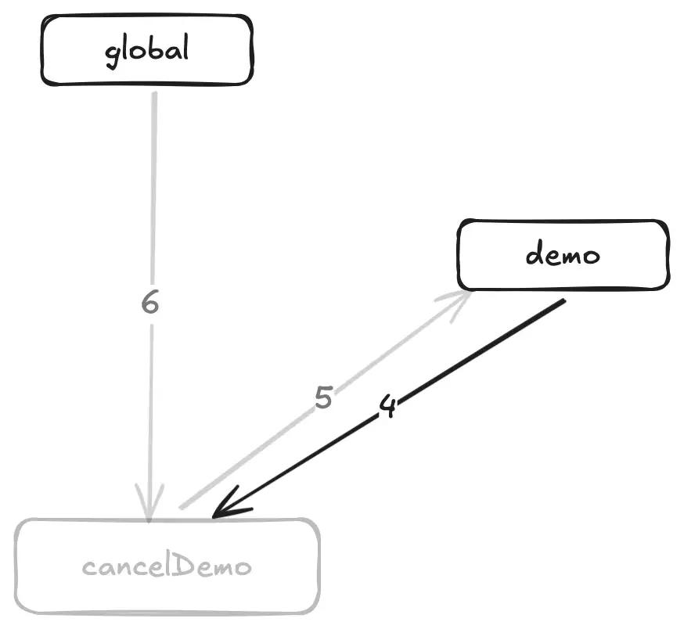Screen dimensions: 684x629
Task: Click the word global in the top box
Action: point(147,51)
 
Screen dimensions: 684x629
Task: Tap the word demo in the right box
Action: point(563,253)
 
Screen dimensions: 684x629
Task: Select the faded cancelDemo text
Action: point(167,566)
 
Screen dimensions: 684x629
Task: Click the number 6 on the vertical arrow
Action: point(150,302)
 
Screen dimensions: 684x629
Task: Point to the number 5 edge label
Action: point(324,397)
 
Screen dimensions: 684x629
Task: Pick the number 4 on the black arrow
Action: point(388,406)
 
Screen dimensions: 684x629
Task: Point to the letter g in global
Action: point(113,56)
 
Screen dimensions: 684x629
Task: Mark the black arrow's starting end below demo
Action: point(564,300)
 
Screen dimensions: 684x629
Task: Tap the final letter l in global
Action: point(185,46)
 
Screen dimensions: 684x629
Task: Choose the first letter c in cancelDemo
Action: point(88,568)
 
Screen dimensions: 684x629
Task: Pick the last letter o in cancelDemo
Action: point(243,568)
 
